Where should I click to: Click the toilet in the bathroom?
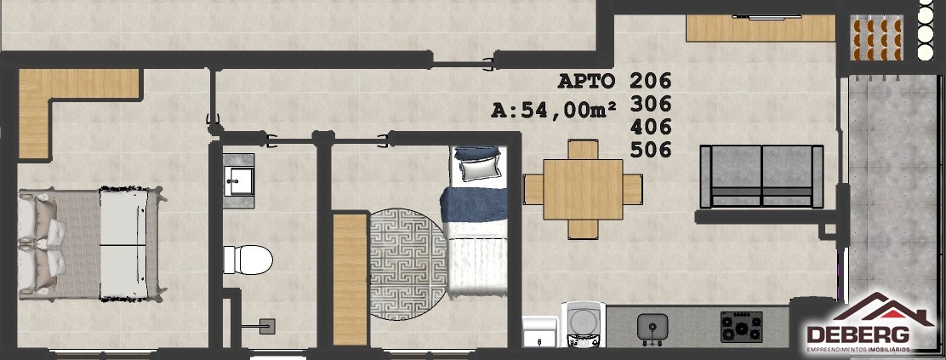[248, 259]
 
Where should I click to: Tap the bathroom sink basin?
[239, 180]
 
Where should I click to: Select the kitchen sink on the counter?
[653, 327]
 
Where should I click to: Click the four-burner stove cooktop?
[742, 327]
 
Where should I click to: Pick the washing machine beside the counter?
[584, 325]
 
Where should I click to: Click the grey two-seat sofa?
[761, 176]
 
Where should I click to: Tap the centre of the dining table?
[583, 189]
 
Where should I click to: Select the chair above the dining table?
[583, 149]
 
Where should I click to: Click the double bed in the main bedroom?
[90, 243]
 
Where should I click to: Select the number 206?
[650, 80]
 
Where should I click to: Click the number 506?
[650, 149]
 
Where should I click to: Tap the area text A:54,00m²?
[554, 111]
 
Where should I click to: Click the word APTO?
[586, 80]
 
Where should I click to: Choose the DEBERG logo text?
[858, 334]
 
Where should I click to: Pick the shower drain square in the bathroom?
[267, 326]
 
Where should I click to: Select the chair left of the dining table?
[533, 189]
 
